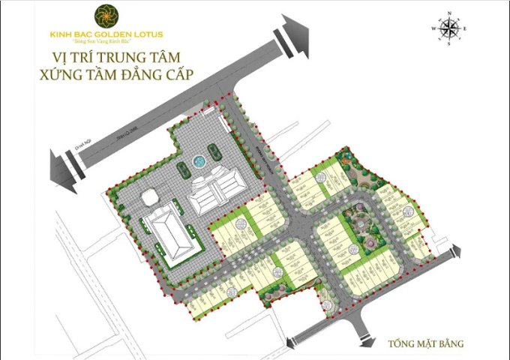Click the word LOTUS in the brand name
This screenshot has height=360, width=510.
pos(148,34)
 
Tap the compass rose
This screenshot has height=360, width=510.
pos(448,28)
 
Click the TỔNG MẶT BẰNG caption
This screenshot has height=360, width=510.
pos(426,344)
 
